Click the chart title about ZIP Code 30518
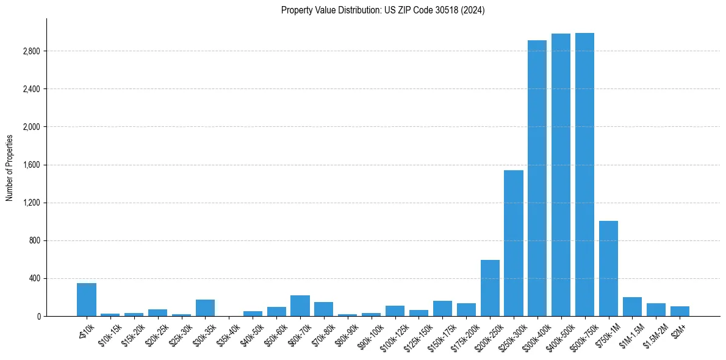coord(383,10)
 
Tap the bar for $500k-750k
coord(584,175)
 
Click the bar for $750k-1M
coord(608,268)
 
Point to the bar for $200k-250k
coord(490,288)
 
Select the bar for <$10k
coord(87,300)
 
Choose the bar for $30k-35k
coord(205,308)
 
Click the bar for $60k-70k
coord(300,306)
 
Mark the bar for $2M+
coord(680,311)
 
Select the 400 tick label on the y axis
coord(34,278)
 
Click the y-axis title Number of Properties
coord(10,167)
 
